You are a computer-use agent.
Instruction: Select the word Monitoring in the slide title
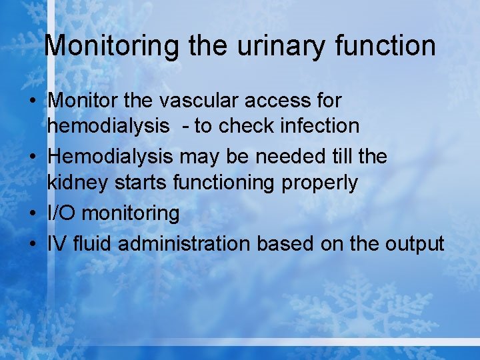pyautogui.click(x=111, y=46)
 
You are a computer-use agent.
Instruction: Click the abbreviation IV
pyautogui.click(x=56, y=243)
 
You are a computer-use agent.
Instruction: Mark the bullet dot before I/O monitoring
pyautogui.click(x=34, y=214)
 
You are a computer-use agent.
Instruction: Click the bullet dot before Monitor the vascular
pyautogui.click(x=34, y=101)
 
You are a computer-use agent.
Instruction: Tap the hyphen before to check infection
pyautogui.click(x=185, y=126)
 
